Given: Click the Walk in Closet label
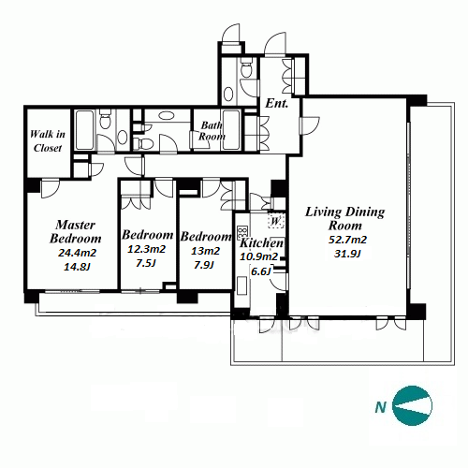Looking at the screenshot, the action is (48, 141).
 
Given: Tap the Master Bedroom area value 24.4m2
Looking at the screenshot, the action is (77, 253).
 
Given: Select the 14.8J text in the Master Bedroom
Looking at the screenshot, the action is (77, 267).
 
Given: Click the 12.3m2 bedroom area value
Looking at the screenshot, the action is (146, 249).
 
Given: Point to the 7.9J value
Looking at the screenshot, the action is (204, 265).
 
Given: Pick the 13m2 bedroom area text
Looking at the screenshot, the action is (205, 251).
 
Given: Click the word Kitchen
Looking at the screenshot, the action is (261, 242).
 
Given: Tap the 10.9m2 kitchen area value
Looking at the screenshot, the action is (258, 256).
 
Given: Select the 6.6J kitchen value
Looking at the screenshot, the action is (260, 271).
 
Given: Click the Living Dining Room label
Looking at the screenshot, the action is (344, 218).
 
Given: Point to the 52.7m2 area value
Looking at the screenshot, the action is (347, 240).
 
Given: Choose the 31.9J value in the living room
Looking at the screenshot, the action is (347, 254).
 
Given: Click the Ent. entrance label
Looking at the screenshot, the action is (276, 104).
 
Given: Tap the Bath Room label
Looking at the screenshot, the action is (212, 131).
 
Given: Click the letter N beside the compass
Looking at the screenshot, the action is (381, 407).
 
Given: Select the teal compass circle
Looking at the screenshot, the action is (413, 406).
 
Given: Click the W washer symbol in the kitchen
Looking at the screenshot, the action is (275, 221).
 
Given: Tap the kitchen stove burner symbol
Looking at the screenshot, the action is (242, 231).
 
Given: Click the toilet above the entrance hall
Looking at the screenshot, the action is (247, 67).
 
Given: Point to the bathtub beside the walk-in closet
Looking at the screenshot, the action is (84, 130).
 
